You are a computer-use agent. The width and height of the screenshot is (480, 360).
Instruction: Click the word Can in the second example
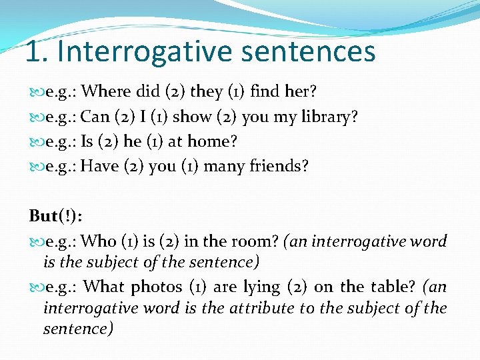pyautogui.click(x=95, y=117)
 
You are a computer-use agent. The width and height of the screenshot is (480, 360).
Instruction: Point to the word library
pyautogui.click(x=328, y=117)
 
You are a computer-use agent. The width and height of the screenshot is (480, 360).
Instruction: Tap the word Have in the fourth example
pyautogui.click(x=99, y=166)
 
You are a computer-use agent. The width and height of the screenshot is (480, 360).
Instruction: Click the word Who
pyautogui.click(x=99, y=241)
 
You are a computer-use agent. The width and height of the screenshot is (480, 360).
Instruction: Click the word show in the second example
pyautogui.click(x=192, y=117)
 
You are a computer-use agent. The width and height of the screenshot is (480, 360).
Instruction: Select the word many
pyautogui.click(x=225, y=166)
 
